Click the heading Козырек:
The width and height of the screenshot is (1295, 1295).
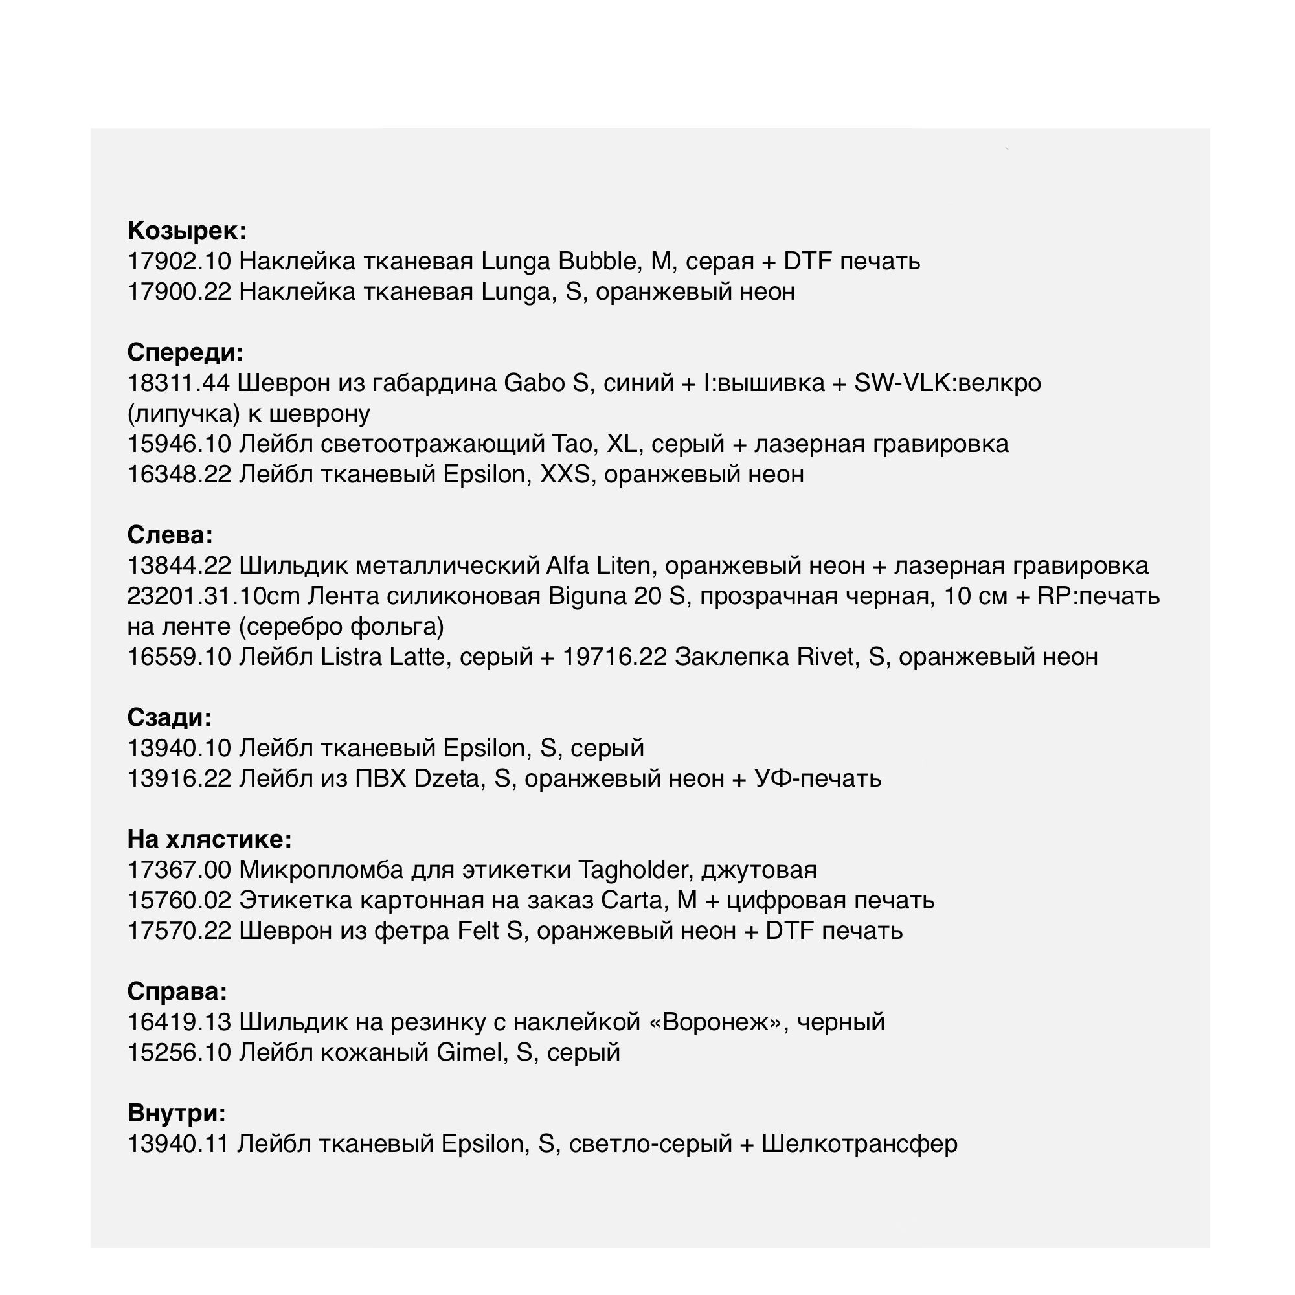tap(187, 231)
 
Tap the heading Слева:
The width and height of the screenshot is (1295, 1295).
tap(170, 535)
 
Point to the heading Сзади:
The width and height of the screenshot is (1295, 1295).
tap(170, 717)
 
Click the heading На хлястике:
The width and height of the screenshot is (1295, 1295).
tap(209, 839)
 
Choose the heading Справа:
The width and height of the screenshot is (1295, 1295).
tap(177, 991)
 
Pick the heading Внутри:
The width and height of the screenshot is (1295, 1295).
tap(176, 1113)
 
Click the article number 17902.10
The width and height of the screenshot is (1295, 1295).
tap(179, 262)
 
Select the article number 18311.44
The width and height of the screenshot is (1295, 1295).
tap(178, 383)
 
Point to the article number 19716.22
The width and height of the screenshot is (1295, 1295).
tap(614, 657)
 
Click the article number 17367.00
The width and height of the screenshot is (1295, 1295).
tap(179, 870)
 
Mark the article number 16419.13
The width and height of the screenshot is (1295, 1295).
tap(179, 1022)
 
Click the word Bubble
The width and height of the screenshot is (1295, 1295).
tap(597, 262)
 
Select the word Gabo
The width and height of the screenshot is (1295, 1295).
tap(534, 383)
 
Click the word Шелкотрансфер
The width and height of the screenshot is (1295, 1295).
tap(859, 1144)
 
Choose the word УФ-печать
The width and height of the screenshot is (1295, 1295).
tap(818, 779)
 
